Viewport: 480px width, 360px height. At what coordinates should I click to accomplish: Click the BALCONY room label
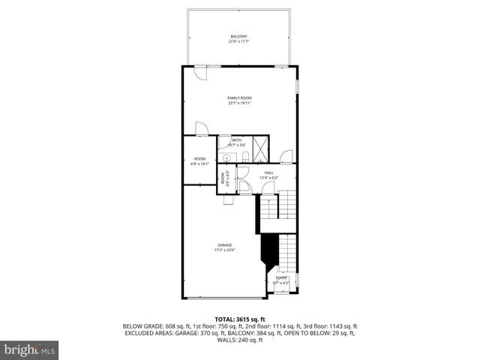(238, 36)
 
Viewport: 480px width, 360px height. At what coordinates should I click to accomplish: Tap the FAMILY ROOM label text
(239, 98)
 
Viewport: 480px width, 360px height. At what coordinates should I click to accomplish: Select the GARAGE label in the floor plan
(224, 245)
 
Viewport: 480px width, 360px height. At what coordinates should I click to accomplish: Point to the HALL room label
(268, 172)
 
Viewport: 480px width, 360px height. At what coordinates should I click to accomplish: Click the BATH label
(236, 140)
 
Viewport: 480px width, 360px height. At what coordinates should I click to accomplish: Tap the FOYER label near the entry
(281, 277)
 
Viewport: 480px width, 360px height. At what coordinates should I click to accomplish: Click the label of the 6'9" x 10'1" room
(199, 159)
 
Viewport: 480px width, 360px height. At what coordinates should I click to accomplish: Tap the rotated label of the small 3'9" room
(223, 178)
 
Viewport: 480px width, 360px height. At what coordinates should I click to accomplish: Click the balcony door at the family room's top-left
(202, 72)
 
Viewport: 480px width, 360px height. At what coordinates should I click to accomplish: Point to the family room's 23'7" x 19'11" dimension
(239, 103)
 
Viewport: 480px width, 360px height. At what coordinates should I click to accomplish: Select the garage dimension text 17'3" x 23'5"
(224, 250)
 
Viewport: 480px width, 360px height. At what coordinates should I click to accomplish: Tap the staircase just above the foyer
(285, 251)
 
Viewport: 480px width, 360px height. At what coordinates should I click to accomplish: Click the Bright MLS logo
(29, 349)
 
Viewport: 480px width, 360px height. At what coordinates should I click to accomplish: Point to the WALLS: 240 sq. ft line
(240, 340)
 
